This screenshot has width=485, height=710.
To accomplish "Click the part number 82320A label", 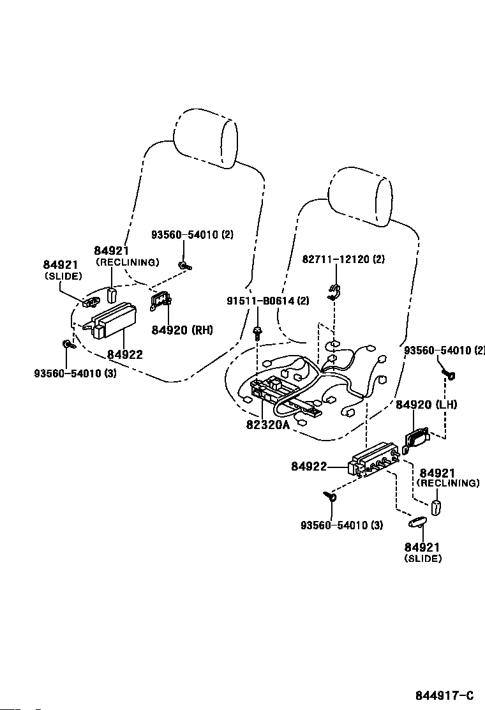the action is coord(267,425).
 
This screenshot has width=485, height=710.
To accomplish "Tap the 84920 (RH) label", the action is coord(182,329).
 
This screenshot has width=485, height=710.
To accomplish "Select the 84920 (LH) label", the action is coord(426,404).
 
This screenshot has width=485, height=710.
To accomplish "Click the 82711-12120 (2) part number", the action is coord(343,259).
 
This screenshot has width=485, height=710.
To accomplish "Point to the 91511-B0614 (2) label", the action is coord(268,300).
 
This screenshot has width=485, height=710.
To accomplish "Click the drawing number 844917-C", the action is coord(445,695).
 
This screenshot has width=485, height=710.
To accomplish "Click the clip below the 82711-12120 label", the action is coord(334,292).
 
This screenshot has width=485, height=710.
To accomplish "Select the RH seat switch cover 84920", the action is coord(160,300).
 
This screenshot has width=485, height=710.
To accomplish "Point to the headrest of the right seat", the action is coord(360,196).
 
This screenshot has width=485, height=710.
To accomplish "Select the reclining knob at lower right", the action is coord(435,508).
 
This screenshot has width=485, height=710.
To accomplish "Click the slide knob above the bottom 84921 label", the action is coord(417,522).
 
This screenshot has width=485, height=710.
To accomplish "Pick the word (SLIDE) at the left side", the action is coord(63,276).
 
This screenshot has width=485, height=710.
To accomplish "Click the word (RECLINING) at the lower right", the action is coord(447,483).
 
